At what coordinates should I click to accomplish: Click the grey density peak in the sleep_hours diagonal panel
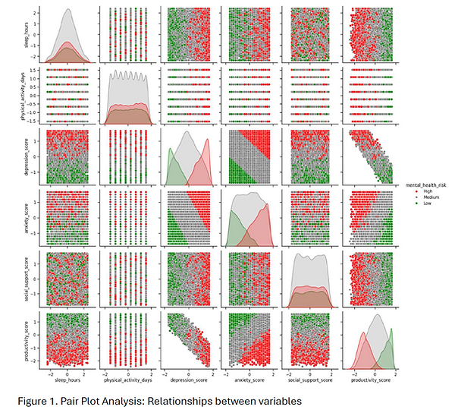pyautogui.click(x=67, y=11)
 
